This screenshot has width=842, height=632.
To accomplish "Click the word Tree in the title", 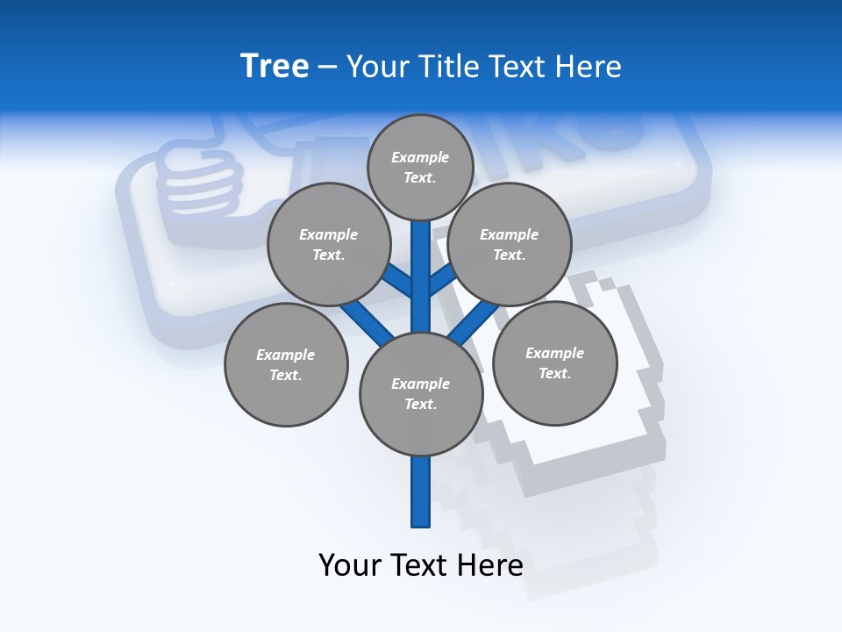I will tap(275, 67).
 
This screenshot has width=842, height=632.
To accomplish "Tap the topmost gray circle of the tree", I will tap(420, 167).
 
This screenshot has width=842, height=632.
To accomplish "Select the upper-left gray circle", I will tap(328, 244).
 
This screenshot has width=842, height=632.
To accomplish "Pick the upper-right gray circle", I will tap(509, 244).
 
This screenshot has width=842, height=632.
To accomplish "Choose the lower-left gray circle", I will tap(286, 364).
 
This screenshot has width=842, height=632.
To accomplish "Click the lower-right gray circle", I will tap(554, 363).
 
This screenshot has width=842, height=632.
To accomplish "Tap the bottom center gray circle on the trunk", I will tap(421, 394).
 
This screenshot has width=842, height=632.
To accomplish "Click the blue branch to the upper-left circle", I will tap(397, 282).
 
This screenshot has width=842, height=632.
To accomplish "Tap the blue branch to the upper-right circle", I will tap(443, 282).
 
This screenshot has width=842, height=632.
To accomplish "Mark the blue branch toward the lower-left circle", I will tap(367, 323).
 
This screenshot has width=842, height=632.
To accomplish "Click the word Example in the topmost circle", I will tap(420, 158).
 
